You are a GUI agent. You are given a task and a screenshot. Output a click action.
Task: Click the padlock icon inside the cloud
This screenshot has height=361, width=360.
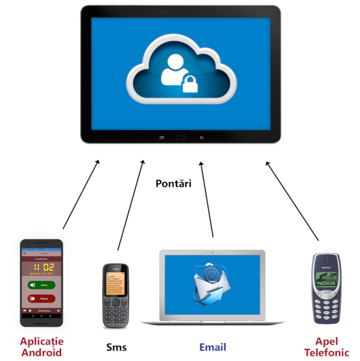(x=190, y=83)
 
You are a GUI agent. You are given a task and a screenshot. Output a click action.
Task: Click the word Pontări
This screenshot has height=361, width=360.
(x=173, y=183)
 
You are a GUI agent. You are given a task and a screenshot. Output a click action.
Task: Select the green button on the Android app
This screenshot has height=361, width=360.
(x=41, y=285)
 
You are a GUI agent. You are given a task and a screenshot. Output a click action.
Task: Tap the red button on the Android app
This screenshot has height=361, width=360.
(x=41, y=298)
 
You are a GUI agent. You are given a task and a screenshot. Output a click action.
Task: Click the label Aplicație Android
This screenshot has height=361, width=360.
(x=41, y=347)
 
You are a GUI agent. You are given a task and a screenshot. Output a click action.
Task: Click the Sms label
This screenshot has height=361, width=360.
(x=116, y=347)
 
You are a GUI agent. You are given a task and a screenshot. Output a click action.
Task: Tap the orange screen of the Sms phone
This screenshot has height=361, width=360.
(x=116, y=281)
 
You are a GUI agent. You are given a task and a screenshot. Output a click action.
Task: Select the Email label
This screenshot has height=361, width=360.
(x=213, y=347)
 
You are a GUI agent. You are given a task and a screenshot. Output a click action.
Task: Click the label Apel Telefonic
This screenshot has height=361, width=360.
(x=326, y=347)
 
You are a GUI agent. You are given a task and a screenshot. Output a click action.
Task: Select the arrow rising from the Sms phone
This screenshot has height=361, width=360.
(x=131, y=204)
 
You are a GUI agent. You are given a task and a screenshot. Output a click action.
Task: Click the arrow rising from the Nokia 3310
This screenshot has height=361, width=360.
(x=292, y=198)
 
